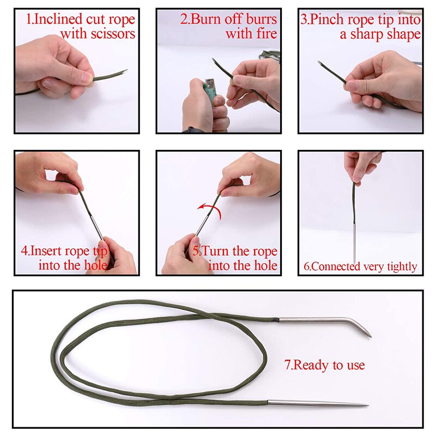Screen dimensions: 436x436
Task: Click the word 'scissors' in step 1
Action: pyautogui.click(x=113, y=34)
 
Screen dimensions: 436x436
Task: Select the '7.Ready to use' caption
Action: pyautogui.click(x=324, y=365)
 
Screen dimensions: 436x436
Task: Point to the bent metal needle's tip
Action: pyautogui.click(x=369, y=335)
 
